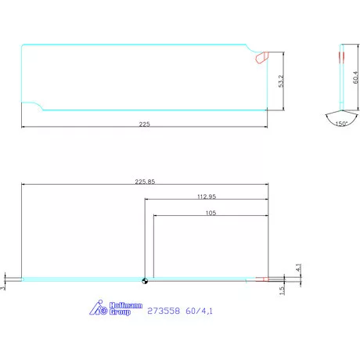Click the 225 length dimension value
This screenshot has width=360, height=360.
point(145,123)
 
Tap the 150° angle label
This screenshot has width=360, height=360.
point(341,124)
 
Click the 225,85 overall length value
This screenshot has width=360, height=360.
point(146,182)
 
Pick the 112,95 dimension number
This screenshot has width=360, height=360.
point(205,197)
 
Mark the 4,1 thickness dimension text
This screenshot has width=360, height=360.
point(298,268)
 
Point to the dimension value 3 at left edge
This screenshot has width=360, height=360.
point(4,287)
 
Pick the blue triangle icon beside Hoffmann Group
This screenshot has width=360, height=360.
point(98,308)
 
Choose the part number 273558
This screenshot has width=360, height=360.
point(164,311)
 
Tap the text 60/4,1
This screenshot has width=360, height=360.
point(200,311)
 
